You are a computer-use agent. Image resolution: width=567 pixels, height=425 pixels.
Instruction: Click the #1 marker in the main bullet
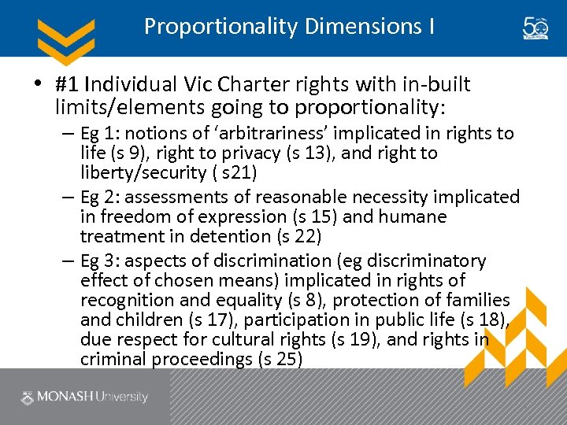click(67, 84)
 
